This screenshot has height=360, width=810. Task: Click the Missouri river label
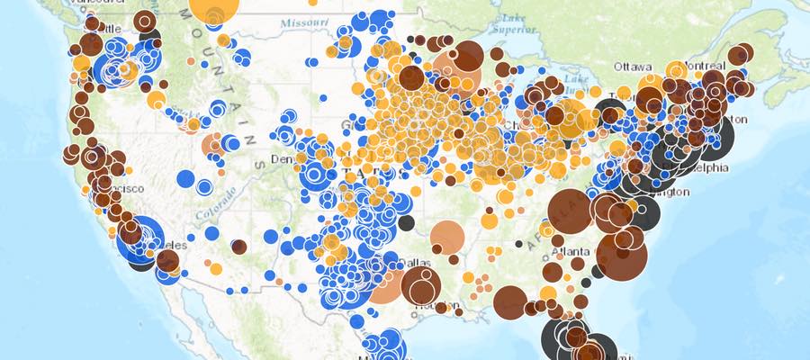[301, 22]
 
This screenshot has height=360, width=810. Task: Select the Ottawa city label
[633, 67]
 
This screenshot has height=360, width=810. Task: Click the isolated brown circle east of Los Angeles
[238, 247]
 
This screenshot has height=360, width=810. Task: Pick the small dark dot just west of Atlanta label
[518, 244]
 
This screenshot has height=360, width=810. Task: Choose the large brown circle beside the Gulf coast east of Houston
[509, 301]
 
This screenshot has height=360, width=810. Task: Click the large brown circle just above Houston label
[421, 284]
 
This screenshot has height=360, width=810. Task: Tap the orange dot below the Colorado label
[215, 268]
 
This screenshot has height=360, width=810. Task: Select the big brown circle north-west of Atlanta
[570, 211]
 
